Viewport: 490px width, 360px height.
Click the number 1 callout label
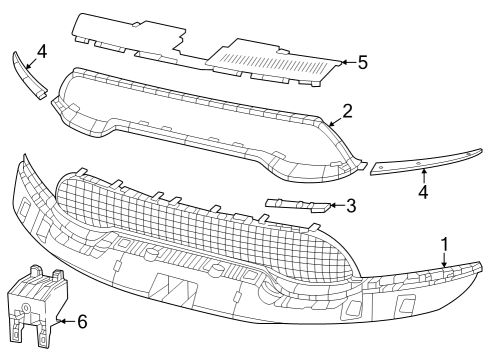pyautogui.click(x=445, y=243)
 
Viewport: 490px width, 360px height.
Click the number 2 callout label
pyautogui.click(x=346, y=110)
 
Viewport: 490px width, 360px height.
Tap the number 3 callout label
pyautogui.click(x=351, y=207)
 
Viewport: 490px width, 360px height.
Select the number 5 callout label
pyautogui.click(x=362, y=62)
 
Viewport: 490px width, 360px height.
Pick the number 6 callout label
pyautogui.click(x=82, y=321)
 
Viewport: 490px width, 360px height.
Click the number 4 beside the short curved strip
pyautogui.click(x=41, y=49)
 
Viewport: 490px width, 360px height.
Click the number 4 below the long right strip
pyautogui.click(x=424, y=190)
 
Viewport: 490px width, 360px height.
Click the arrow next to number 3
pyautogui.click(x=335, y=208)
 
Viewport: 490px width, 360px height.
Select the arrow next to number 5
pyautogui.click(x=346, y=62)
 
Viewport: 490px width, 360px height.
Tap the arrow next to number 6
pyautogui.click(x=66, y=321)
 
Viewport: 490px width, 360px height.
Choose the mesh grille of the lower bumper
pyautogui.click(x=200, y=220)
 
